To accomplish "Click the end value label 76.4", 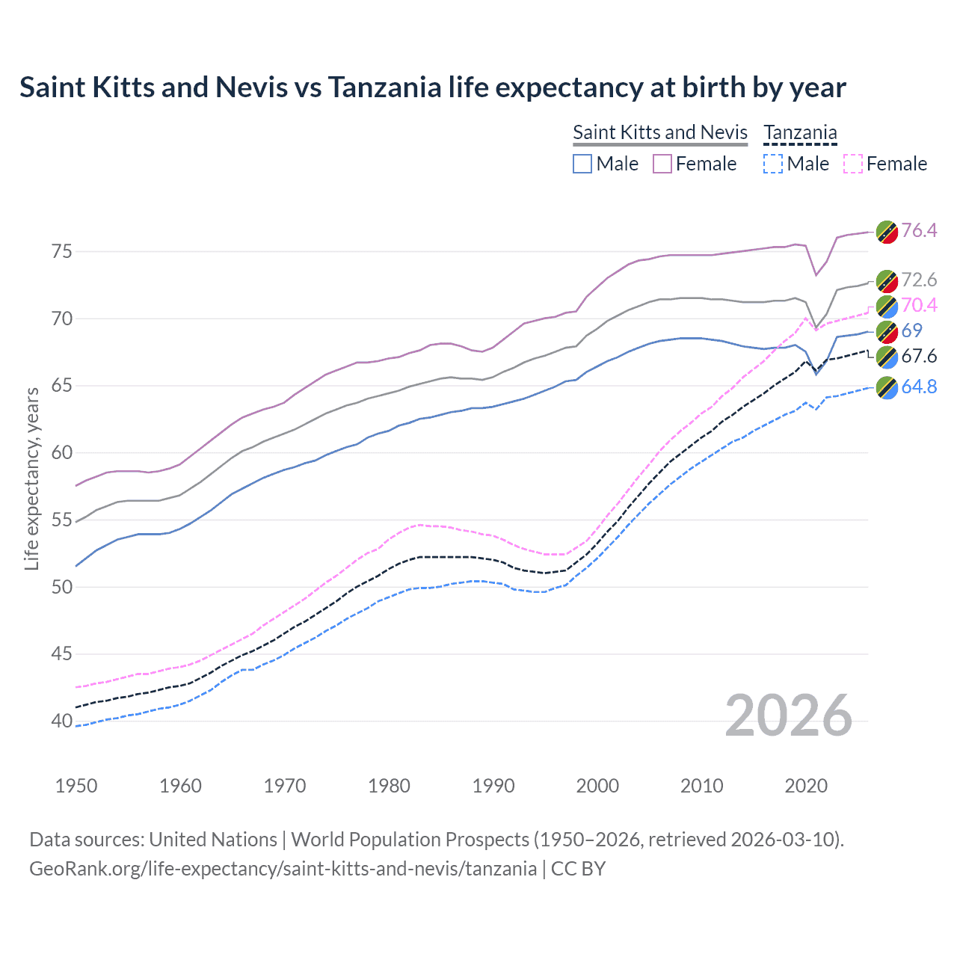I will [x=919, y=230].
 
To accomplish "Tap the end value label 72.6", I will [x=919, y=280].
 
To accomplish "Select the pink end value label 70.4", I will [x=919, y=305].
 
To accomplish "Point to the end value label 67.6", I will [x=919, y=356].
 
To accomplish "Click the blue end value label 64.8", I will [x=919, y=387].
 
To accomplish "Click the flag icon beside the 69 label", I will [x=887, y=331].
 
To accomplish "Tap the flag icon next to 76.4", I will [x=887, y=231].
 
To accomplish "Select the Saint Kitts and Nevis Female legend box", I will [x=662, y=164].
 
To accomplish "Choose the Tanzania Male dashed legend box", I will [x=773, y=164].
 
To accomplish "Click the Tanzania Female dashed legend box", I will [x=853, y=164].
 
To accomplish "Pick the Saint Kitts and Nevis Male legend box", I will [x=582, y=164].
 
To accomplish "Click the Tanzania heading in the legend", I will [x=800, y=132].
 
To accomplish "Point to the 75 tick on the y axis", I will [x=62, y=251].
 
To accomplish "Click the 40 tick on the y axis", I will [x=62, y=721].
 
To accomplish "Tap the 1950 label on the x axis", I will [x=76, y=786].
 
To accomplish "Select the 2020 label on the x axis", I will [x=806, y=786].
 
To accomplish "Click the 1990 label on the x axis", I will [x=493, y=786].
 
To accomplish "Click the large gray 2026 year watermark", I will [x=788, y=716].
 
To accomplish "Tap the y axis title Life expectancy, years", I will [x=31, y=478].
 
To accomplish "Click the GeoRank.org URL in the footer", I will [x=283, y=869].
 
